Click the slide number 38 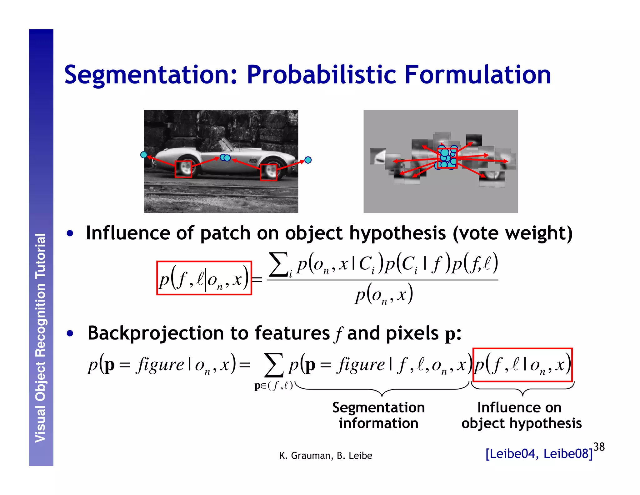599,447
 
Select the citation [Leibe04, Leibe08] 539,454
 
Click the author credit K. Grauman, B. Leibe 326,456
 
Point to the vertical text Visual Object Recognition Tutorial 41,338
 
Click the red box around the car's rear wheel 183,169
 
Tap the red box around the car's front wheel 268,172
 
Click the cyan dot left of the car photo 144,155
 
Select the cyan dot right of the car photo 308,160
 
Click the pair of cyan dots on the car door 225,158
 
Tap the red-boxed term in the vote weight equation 204,278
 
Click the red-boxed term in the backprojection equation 522,365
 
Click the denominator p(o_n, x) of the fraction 384,294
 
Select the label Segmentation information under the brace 378,415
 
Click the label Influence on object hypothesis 521,415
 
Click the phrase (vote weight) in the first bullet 512,233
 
